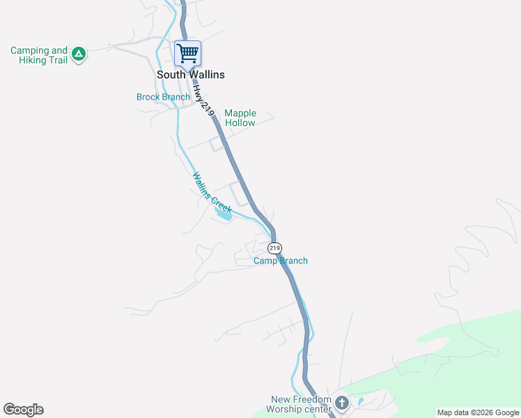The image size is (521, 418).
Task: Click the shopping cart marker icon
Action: [x=187, y=53]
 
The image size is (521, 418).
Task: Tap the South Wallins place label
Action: [x=190, y=75]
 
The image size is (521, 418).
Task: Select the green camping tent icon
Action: [x=79, y=53]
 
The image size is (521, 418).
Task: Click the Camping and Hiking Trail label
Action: [x=39, y=55]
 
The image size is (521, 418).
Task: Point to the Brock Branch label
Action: [x=163, y=98]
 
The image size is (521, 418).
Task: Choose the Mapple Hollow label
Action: [x=240, y=118]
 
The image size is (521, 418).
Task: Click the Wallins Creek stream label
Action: [x=212, y=192]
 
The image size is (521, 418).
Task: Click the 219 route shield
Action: [x=274, y=248]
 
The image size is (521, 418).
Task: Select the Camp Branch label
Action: [x=280, y=261]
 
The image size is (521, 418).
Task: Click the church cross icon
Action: [x=341, y=403]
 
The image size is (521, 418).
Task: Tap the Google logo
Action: [x=23, y=410]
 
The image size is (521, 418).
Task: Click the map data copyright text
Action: [x=478, y=412]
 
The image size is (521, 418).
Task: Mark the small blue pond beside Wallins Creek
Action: [x=225, y=215]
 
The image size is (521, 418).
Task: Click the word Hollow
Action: [x=240, y=123]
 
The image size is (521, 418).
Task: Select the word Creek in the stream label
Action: [x=221, y=203]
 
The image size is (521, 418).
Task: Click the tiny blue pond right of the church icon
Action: [x=359, y=402]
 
